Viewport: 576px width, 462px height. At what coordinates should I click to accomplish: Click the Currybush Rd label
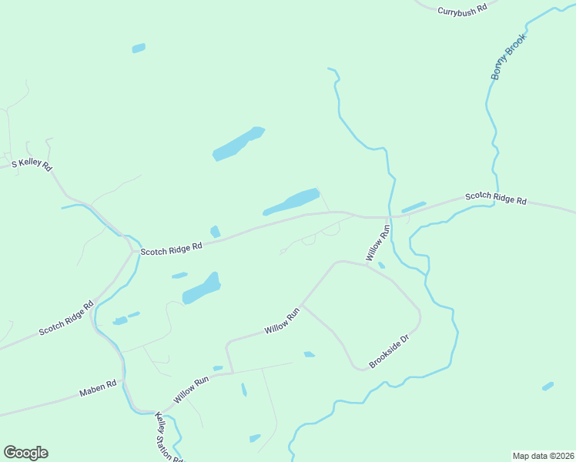click(463, 10)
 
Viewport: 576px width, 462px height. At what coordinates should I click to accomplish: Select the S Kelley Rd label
click(31, 165)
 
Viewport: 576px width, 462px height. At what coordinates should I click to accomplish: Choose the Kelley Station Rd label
click(169, 437)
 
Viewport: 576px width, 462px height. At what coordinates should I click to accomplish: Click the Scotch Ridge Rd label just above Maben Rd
click(65, 318)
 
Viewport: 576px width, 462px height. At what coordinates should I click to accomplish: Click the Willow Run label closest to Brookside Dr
click(281, 320)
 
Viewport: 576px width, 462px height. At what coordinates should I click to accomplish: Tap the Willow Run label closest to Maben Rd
click(191, 390)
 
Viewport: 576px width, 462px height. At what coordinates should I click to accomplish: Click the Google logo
click(25, 453)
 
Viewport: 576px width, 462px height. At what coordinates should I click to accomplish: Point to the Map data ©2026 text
click(543, 455)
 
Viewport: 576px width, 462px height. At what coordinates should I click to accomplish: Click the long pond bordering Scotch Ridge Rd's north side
click(291, 203)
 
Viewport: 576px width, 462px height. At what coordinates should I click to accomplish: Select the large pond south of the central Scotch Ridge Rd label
click(201, 289)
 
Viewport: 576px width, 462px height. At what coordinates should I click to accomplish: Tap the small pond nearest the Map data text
click(548, 386)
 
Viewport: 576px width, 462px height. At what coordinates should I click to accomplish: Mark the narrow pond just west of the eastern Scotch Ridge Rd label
click(414, 207)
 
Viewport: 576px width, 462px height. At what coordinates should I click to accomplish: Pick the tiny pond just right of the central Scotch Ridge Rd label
click(216, 232)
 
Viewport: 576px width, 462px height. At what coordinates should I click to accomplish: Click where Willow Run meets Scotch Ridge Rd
click(386, 217)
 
